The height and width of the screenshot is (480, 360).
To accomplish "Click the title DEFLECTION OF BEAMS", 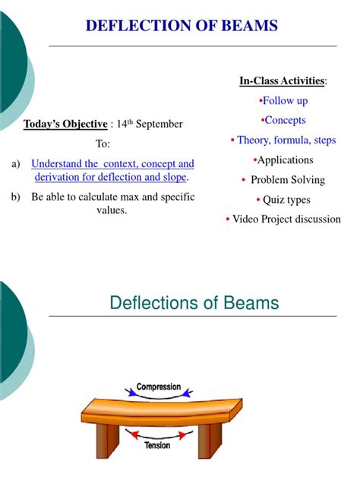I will [182, 27].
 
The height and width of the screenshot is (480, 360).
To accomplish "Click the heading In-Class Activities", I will [282, 81].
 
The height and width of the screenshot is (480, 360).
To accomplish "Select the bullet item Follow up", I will [285, 101].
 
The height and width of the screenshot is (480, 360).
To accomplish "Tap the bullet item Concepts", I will [285, 120].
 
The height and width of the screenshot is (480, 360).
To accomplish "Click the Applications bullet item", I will [285, 160].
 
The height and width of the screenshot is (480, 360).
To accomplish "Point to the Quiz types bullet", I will [285, 200].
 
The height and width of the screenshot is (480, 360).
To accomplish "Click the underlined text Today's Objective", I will [65, 124].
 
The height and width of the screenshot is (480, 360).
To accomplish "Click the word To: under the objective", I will [103, 144].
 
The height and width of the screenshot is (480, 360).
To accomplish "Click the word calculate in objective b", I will [127, 197].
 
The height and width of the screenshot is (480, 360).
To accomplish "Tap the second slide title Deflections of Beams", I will [194, 304].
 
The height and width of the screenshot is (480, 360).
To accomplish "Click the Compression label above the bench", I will [159, 387].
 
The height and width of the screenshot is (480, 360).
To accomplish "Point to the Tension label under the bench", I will [157, 446].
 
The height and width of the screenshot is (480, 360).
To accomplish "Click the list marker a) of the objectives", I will [16, 163].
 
